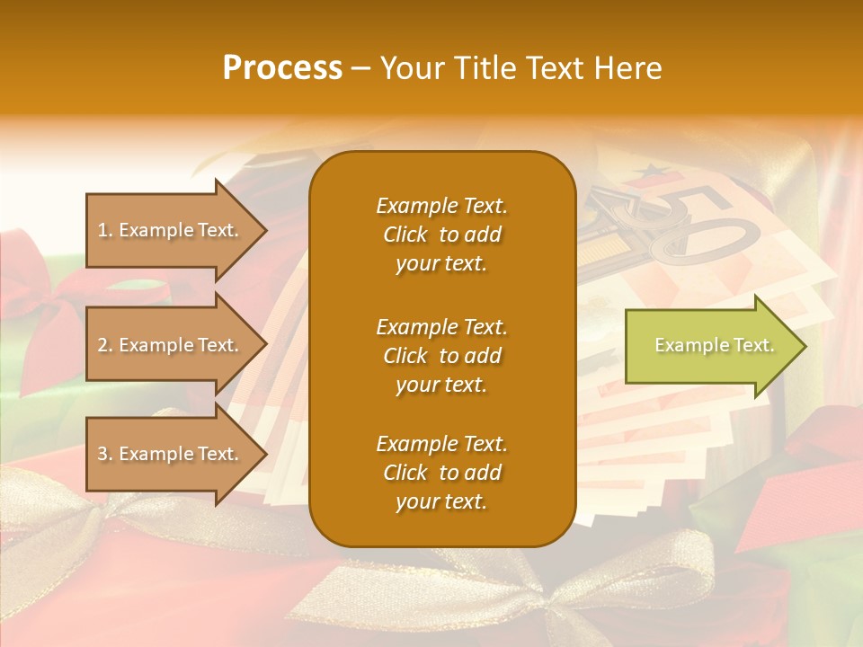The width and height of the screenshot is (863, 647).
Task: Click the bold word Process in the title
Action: (x=282, y=68)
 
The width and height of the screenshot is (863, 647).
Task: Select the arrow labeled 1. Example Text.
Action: (x=171, y=230)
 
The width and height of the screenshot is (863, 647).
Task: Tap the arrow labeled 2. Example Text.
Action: (x=171, y=345)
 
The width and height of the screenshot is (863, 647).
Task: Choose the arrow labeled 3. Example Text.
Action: (x=171, y=454)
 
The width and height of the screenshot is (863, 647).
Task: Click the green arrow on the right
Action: (x=710, y=346)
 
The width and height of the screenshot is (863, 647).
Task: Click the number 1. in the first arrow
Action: (x=105, y=230)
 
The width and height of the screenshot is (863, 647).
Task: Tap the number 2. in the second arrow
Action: (x=105, y=345)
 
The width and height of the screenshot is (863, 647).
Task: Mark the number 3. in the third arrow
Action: (x=105, y=454)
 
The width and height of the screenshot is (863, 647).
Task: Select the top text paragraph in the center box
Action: (x=441, y=235)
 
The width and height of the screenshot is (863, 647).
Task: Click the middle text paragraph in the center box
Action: (x=441, y=356)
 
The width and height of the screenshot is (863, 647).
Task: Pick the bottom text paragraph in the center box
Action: (x=441, y=473)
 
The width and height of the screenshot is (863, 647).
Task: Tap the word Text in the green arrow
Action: (x=753, y=345)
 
